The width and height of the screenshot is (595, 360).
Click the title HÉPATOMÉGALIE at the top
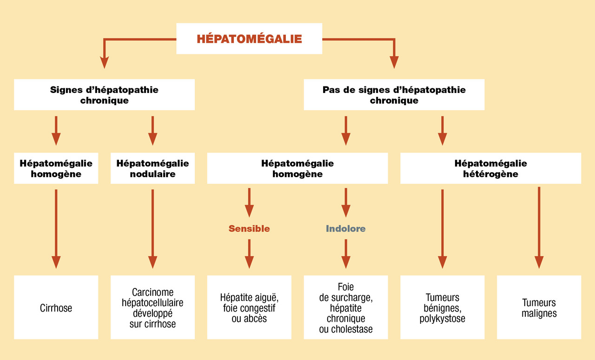coord(249,39)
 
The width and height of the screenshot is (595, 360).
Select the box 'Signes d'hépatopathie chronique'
coord(104,95)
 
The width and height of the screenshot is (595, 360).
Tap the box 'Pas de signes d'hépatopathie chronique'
coord(394,95)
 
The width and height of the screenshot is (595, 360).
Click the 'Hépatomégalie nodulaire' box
coord(152,168)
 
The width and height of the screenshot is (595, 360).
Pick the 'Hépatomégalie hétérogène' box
coord(490,168)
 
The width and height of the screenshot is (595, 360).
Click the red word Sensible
coord(249,228)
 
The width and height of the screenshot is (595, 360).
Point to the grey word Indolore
coord(345,228)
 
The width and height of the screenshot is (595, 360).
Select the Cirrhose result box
coord(56,307)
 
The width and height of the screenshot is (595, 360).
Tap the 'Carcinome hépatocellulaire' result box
coord(152,307)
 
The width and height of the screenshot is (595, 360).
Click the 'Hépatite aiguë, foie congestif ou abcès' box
coord(249,307)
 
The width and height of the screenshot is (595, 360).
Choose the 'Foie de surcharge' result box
coord(345,307)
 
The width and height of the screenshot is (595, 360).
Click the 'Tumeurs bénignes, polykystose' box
coord(442,307)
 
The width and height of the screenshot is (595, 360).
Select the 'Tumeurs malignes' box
coord(539,307)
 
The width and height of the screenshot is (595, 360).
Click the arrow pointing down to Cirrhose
coord(56,228)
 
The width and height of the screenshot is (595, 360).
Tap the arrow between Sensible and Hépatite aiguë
coord(249,253)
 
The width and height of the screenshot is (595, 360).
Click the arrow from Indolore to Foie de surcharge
coord(345,253)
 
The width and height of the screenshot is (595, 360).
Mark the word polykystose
coord(442,319)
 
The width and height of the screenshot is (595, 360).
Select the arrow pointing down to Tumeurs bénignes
coord(442,228)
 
